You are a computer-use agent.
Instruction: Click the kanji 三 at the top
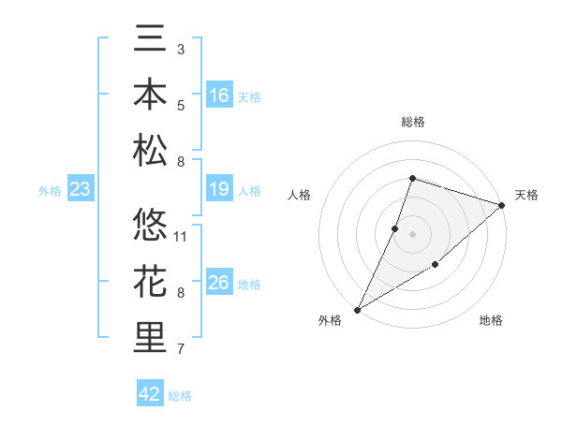click(150, 41)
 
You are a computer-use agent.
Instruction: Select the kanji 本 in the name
click(150, 95)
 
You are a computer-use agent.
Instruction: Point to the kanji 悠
click(150, 226)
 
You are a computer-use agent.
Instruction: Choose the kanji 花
click(150, 281)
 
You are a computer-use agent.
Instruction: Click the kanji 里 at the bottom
click(150, 337)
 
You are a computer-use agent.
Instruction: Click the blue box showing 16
click(219, 95)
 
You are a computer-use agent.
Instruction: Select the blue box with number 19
click(219, 190)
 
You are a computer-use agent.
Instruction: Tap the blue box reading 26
click(219, 283)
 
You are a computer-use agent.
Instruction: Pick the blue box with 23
click(81, 190)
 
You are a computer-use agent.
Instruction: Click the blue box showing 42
click(150, 394)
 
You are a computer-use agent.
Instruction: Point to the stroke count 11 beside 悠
click(182, 237)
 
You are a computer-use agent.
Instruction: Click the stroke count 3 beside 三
click(181, 49)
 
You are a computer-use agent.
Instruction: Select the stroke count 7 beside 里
click(181, 350)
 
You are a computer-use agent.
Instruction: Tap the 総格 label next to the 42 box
click(180, 396)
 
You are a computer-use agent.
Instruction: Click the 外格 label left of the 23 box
click(50, 191)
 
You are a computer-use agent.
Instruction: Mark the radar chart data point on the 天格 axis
click(502, 205)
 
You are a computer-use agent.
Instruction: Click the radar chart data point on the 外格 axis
click(357, 309)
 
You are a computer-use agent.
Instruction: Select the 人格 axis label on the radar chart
click(300, 195)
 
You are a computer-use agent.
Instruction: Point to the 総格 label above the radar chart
click(412, 122)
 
